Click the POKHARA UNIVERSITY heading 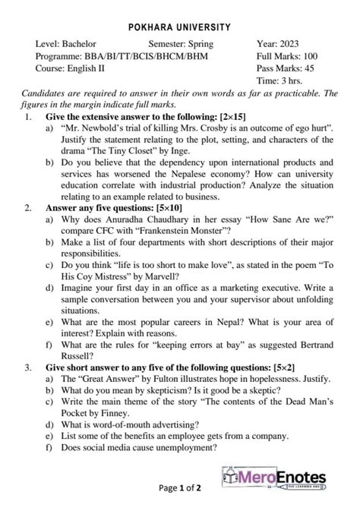[180, 27]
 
